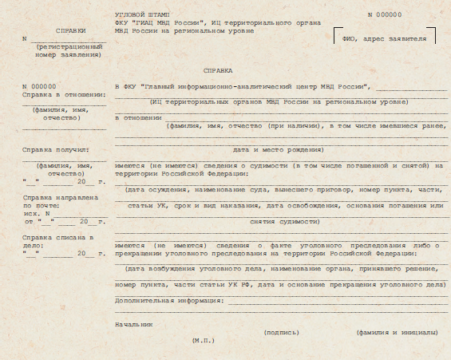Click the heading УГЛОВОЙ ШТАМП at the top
point(136,15)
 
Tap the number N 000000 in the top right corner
point(385,15)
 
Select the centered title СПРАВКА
point(218,71)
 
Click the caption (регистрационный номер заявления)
point(68,51)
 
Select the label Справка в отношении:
point(64,94)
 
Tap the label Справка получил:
point(55,149)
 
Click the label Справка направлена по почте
point(61,200)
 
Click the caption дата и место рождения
point(277,149)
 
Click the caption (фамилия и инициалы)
point(396,332)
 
